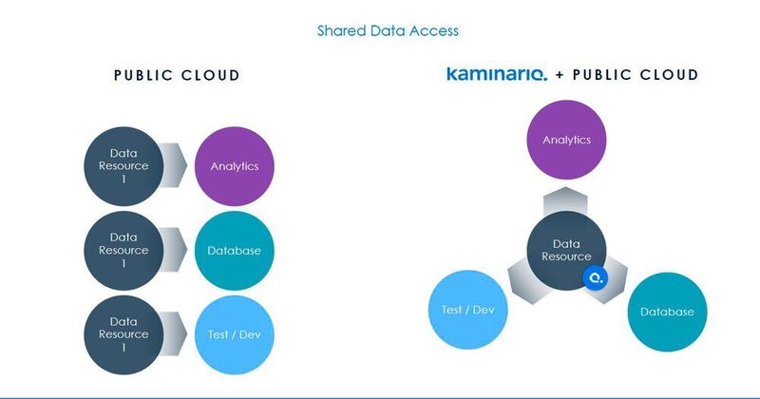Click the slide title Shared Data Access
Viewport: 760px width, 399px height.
click(x=388, y=30)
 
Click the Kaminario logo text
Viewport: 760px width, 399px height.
click(x=497, y=74)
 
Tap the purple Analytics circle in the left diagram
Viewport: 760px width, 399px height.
click(x=235, y=165)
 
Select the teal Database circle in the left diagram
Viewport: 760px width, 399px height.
click(x=235, y=250)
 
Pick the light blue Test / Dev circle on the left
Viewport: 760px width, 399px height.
click(x=235, y=333)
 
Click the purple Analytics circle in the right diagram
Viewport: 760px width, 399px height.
click(x=566, y=140)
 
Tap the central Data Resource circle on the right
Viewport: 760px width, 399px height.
click(x=566, y=250)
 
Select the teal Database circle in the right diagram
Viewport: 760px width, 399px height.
click(x=667, y=312)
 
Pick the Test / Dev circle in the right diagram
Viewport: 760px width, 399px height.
click(x=468, y=309)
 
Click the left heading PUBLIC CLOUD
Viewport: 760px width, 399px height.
click(x=177, y=75)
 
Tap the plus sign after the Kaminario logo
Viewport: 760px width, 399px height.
click(x=560, y=74)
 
